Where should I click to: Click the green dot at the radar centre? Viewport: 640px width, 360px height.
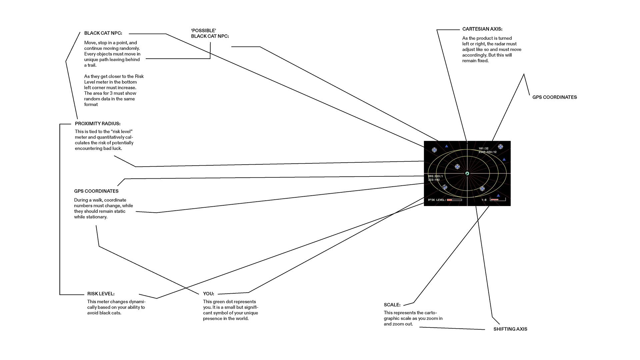point(467,173)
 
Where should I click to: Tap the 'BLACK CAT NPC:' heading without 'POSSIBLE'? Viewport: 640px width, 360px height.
point(103,33)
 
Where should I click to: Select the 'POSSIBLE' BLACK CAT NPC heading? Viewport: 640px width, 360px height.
point(210,33)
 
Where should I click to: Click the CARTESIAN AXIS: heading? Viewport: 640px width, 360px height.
point(482,29)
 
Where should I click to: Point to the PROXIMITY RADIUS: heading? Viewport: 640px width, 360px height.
point(98,124)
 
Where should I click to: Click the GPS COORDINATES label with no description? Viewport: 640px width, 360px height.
point(555,97)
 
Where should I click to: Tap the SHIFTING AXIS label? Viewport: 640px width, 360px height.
point(510,329)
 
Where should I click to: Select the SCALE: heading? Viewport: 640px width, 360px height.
point(392,305)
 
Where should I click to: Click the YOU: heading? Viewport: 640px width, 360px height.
point(209,294)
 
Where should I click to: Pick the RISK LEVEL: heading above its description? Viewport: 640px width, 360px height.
point(101,294)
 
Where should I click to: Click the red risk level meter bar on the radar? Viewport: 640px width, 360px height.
point(454,200)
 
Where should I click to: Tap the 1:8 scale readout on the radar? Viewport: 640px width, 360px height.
point(484,200)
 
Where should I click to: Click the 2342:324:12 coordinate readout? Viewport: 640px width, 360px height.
point(487,152)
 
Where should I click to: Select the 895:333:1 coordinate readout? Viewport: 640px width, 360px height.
point(435,176)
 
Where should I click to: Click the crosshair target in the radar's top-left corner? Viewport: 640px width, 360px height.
point(434,150)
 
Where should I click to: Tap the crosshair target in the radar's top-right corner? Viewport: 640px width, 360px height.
point(500,147)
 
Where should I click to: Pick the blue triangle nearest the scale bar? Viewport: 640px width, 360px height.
point(498,195)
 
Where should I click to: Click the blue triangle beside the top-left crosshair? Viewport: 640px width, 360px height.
point(447,146)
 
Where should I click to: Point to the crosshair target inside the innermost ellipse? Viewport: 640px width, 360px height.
point(457,167)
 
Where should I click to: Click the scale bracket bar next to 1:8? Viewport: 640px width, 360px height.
point(498,200)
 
